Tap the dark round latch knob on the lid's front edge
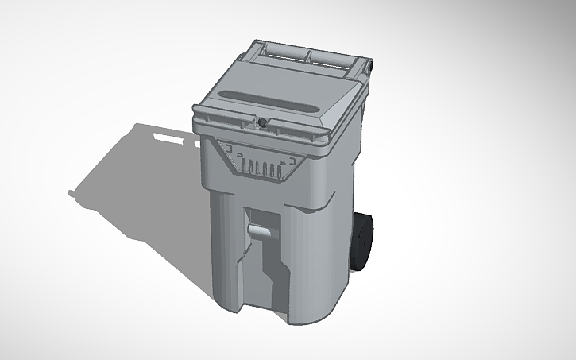tap(261, 122)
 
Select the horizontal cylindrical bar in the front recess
tap(259, 230)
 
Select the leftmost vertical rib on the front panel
tap(244, 168)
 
